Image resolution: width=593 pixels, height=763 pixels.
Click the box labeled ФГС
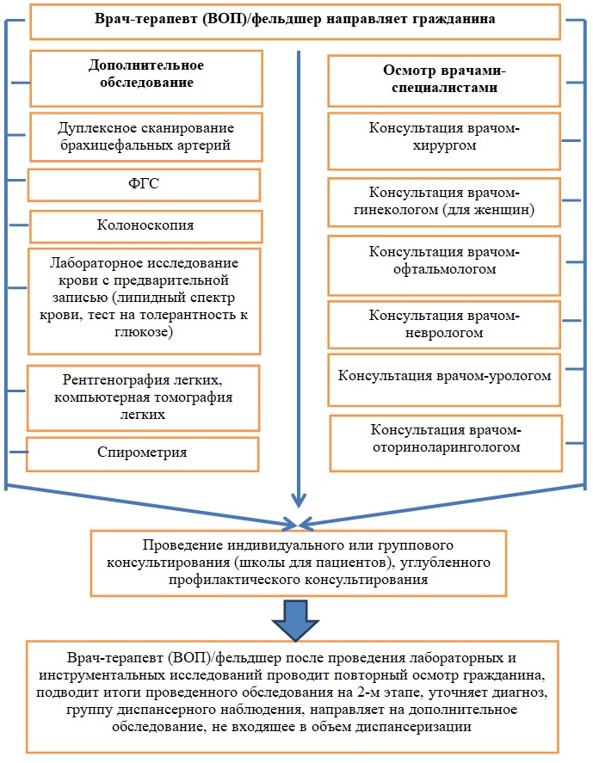[144, 185]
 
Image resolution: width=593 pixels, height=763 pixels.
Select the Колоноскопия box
[146, 227]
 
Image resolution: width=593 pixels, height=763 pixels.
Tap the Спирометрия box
[142, 454]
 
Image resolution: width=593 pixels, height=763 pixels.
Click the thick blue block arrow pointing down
[295, 620]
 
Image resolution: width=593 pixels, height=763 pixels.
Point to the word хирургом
[444, 145]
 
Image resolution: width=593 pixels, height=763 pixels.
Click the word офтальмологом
[444, 269]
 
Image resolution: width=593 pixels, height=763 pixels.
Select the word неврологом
[444, 333]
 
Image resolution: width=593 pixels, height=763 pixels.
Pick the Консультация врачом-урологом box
[444, 380]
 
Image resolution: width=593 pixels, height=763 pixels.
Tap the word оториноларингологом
[447, 447]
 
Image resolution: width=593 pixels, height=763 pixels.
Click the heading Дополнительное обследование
[146, 73]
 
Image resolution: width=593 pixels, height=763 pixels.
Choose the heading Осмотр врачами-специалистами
[444, 79]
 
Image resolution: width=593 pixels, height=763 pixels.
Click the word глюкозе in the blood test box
[144, 332]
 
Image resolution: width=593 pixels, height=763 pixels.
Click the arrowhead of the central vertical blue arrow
[299, 501]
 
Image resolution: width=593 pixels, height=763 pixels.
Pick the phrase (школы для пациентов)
[313, 563]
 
